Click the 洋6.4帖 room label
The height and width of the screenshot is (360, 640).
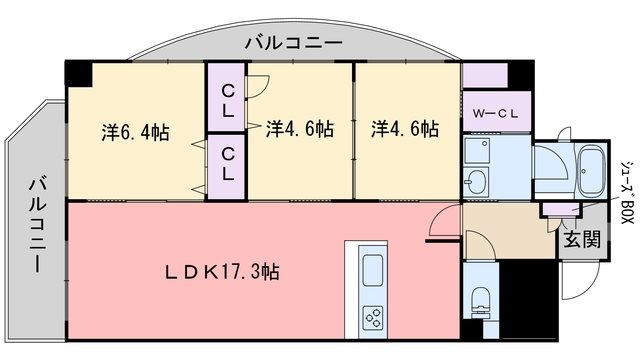pos(134,131)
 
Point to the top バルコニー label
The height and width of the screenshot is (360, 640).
pos(293,43)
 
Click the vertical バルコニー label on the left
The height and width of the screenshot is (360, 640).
pos(37,227)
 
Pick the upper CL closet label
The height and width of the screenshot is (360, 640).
pos(228,103)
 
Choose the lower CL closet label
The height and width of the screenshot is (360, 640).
pos(228,165)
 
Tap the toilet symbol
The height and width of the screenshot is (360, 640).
pos(480,301)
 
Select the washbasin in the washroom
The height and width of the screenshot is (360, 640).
pos(477,182)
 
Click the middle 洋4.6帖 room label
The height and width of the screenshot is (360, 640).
pos(300,130)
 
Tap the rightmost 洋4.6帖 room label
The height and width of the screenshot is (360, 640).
pos(405,130)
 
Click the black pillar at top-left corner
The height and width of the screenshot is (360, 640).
pos(77,72)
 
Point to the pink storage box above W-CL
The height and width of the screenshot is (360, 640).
pos(484,76)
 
